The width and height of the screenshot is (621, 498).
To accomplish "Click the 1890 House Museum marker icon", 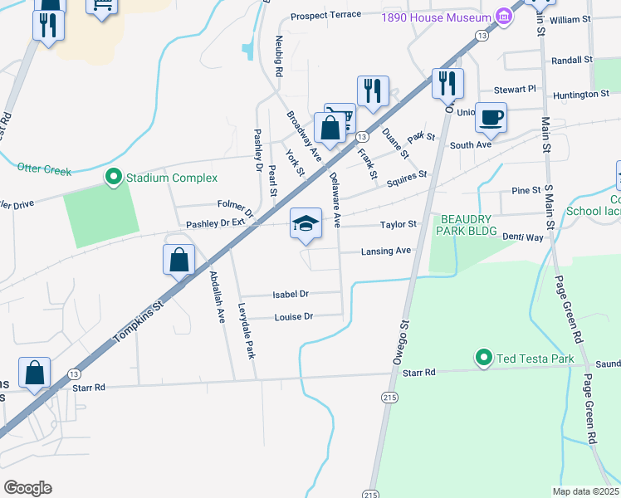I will pyautogui.click(x=502, y=16).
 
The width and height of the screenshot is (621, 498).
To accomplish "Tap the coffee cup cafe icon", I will pyautogui.click(x=491, y=116).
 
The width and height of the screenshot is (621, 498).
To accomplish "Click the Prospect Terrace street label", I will pyautogui.click(x=326, y=15).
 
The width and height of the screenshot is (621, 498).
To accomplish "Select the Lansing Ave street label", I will pyautogui.click(x=386, y=251).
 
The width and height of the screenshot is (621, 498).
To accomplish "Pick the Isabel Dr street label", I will pyautogui.click(x=291, y=295).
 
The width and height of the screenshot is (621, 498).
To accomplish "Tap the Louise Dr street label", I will pyautogui.click(x=294, y=316).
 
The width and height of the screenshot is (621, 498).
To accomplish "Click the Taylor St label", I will pyautogui.click(x=399, y=225).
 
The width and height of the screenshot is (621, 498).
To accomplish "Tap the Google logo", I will pyautogui.click(x=28, y=487).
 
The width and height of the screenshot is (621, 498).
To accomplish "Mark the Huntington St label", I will pyautogui.click(x=580, y=95).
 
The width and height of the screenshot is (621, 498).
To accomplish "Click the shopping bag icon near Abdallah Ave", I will pyautogui.click(x=179, y=260).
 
